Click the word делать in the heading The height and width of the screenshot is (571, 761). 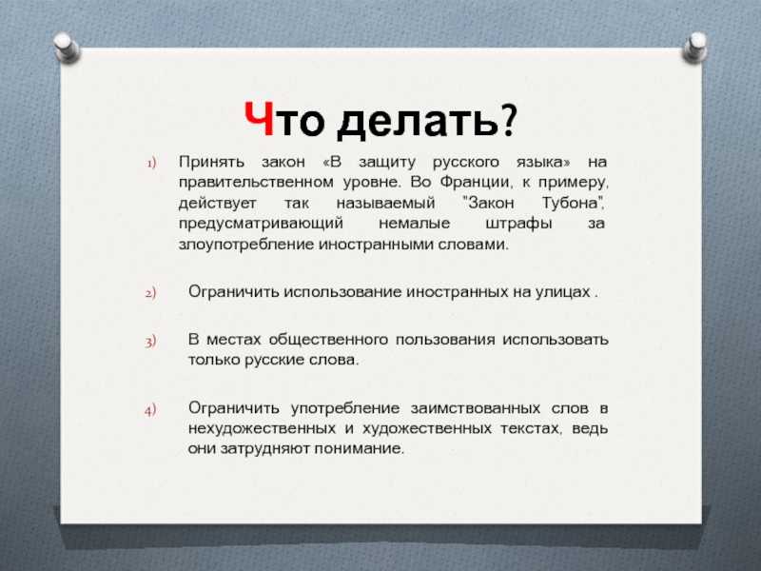pos(417,121)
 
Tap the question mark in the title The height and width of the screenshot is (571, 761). pos(508,119)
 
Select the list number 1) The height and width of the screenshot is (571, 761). pos(152,163)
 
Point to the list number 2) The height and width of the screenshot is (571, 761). pos(150,293)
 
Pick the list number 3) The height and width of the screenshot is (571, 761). pos(150,341)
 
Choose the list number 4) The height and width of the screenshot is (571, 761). pos(150,410)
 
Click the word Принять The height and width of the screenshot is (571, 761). pos(211,162)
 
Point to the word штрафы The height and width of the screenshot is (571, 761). pos(518,224)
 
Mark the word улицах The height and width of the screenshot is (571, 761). pos(562,292)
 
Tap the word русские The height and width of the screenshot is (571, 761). pos(275,361)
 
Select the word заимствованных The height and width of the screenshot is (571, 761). pos(475,408)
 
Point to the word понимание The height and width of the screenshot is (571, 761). pos(359,448)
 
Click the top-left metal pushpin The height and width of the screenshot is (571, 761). pos(66,48)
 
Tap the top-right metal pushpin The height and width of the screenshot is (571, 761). pos(695,48)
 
